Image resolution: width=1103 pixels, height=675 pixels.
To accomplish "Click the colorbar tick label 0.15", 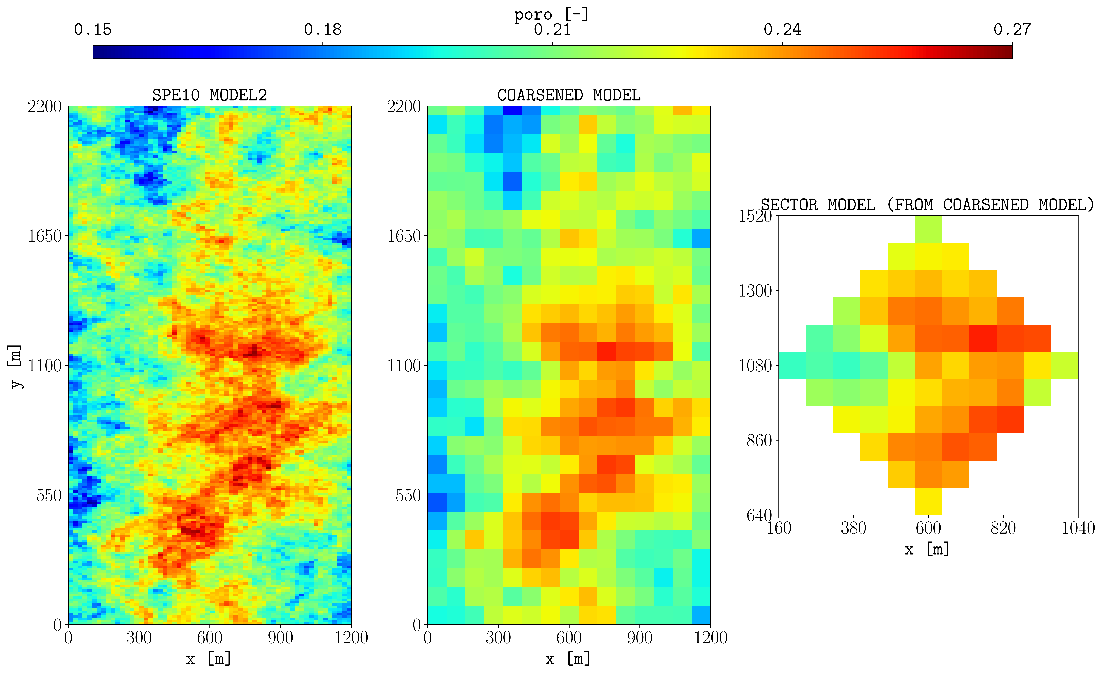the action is (x=93, y=30).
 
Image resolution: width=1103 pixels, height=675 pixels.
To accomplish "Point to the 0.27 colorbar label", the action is (x=1012, y=30).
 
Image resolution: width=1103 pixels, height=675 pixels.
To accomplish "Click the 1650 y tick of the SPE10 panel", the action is (x=45, y=236).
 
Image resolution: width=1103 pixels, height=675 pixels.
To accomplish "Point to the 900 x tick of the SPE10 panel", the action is (x=280, y=637).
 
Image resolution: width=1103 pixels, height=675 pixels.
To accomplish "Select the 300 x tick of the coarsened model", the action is (x=498, y=637).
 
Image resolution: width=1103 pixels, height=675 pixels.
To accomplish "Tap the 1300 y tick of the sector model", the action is (x=755, y=291).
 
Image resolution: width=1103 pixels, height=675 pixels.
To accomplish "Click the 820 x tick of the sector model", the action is (x=1003, y=528).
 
